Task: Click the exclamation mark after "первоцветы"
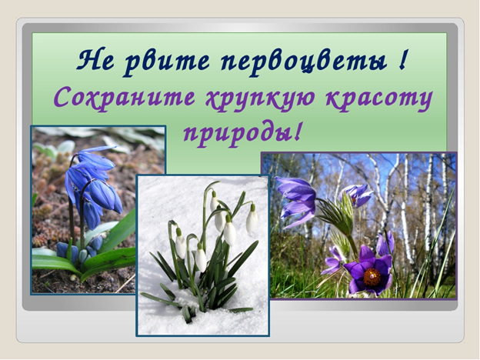click(403, 59)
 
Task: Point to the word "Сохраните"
click(124, 98)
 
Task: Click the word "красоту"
click(378, 100)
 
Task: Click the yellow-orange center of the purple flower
click(372, 277)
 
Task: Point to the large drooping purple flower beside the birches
click(296, 201)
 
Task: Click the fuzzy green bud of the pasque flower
click(337, 215)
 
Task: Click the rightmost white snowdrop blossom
click(252, 218)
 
